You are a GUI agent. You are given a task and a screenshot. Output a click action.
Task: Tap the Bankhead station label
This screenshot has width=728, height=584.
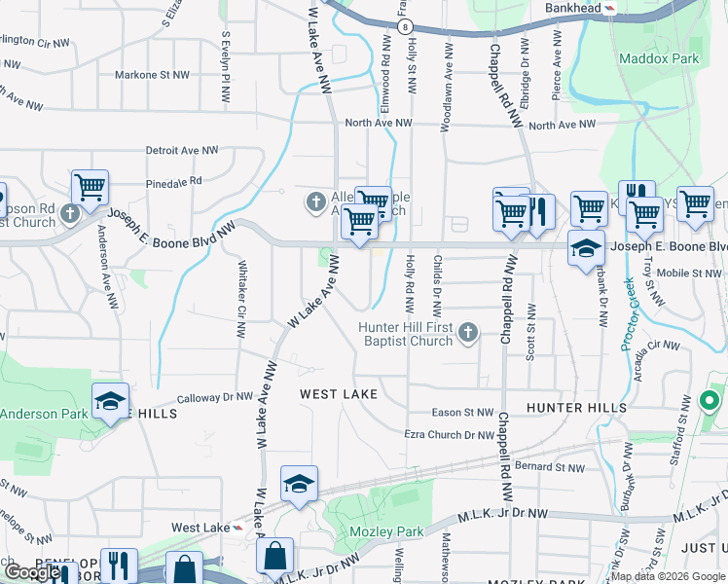pos(573,8)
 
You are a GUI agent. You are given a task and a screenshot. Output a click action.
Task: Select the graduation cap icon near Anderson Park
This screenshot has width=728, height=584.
pos(110,400)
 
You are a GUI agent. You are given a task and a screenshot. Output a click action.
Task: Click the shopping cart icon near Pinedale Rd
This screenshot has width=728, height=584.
pos(90,186)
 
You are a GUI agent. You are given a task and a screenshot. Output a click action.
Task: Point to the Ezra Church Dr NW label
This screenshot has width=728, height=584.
pos(450,435)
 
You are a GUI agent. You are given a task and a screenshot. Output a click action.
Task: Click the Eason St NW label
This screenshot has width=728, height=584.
pos(463,413)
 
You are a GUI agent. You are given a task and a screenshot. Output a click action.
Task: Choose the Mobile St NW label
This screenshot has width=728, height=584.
pos(690,274)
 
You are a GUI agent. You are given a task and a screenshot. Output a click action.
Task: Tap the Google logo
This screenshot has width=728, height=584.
pos(32,572)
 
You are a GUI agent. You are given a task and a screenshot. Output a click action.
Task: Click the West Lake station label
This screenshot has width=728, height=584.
pos(200,528)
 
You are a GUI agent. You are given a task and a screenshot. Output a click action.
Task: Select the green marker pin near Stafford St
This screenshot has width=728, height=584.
pos(710,401)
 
